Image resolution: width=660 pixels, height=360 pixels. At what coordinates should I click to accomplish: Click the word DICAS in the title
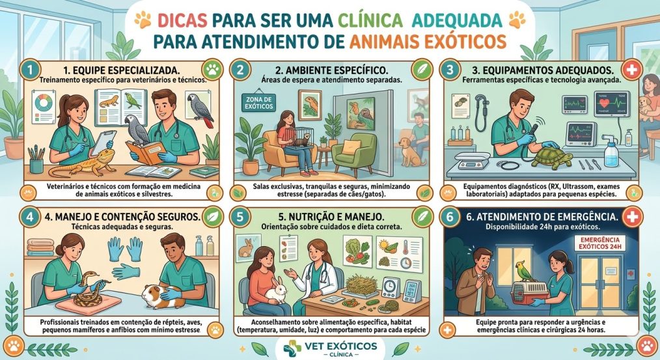[x=182, y=20]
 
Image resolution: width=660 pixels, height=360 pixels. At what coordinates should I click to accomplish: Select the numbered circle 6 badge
[x=450, y=217]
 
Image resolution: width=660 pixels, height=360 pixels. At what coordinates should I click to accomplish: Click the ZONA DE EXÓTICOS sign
[x=258, y=102]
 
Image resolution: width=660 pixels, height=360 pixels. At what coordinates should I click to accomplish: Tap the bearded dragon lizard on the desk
[x=82, y=165]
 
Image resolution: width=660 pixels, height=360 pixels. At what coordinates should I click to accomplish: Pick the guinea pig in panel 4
[x=162, y=294]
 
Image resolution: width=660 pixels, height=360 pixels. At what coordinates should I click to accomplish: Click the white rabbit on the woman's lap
[x=276, y=290]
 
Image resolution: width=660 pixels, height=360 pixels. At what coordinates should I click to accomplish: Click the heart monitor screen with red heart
[x=612, y=104]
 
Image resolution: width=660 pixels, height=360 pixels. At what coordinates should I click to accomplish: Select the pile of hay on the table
[x=361, y=284]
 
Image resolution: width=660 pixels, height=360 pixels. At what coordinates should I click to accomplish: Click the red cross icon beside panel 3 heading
[x=631, y=70]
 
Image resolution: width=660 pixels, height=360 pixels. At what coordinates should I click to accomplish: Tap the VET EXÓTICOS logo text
[x=340, y=346]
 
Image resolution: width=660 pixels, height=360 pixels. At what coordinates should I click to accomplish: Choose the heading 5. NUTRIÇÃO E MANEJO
[x=331, y=216]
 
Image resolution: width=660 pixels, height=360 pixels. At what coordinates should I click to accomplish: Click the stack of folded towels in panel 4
[x=41, y=247]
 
